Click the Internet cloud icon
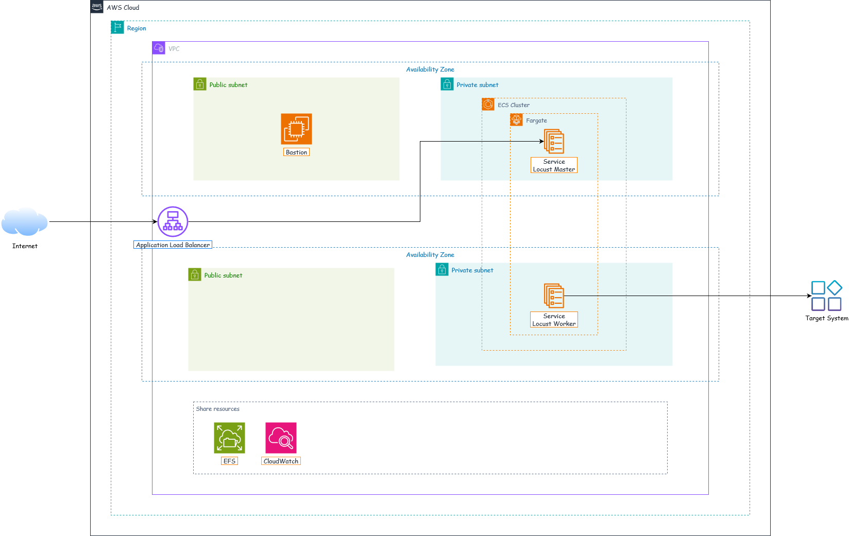[25, 221]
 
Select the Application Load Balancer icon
[173, 221]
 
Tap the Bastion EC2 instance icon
[296, 129]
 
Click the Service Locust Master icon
[554, 141]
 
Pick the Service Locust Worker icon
[554, 296]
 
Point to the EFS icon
[229, 438]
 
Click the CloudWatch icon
[281, 438]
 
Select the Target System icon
[827, 296]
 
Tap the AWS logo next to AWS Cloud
[97, 7]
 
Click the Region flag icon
[117, 27]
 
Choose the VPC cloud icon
[159, 48]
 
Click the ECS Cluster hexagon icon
[488, 104]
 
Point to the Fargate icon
[516, 119]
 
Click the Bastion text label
[296, 152]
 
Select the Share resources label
[217, 409]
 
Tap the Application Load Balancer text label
[173, 245]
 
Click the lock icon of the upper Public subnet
[200, 84]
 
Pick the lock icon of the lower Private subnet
[442, 269]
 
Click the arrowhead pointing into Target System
[809, 296]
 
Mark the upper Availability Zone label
[430, 70]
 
